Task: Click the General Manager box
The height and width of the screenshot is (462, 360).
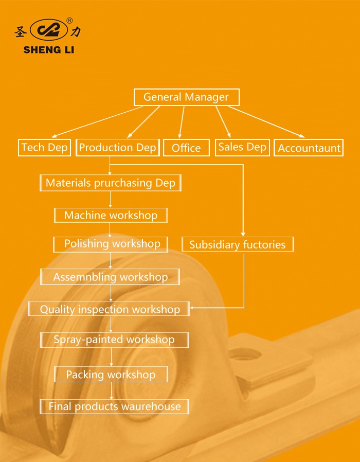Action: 186,97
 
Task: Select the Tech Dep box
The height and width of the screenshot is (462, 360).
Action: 44,148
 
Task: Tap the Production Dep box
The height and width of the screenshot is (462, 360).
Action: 117,148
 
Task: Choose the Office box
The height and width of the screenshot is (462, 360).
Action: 186,148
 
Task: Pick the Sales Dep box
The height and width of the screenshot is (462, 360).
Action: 242,147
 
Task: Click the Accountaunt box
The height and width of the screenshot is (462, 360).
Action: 309,148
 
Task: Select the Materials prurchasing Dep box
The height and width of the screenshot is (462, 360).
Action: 111,183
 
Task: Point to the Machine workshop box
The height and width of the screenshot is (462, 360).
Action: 111,215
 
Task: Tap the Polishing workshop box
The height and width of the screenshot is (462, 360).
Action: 111,244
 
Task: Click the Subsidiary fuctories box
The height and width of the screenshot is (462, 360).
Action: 237,244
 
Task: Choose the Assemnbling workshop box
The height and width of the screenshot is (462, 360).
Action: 110,277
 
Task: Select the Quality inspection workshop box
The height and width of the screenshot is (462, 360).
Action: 109,309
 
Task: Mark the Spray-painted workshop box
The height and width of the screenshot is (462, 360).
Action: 114,340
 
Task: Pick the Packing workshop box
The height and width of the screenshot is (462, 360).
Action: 110,375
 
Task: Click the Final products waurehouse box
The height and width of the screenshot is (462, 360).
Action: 114,406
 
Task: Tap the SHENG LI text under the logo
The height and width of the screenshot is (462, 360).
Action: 48,50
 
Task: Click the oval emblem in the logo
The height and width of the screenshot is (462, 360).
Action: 48,31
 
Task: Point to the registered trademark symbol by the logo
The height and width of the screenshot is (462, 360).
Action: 69,21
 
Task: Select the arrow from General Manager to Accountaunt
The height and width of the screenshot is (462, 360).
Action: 267,122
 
